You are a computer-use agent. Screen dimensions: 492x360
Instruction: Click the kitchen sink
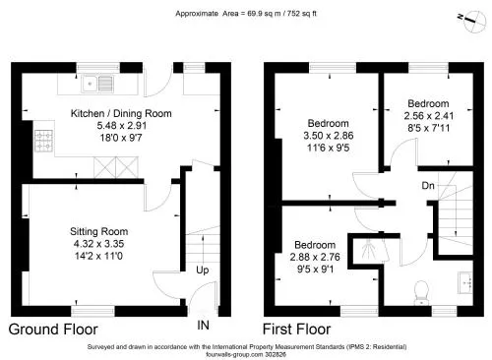(97, 84)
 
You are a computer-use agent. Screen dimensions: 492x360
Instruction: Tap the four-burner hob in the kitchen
(44, 141)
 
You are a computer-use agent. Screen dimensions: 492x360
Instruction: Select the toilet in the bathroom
(421, 292)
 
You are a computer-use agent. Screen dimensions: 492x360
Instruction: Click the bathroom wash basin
(465, 282)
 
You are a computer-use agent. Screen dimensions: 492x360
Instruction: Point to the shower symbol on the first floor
(371, 250)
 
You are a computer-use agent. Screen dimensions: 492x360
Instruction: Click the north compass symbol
(473, 22)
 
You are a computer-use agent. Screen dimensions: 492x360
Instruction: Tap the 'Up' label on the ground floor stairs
(203, 270)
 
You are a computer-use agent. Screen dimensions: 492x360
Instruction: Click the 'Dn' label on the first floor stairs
(428, 186)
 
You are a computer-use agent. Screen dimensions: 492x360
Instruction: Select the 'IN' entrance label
(203, 325)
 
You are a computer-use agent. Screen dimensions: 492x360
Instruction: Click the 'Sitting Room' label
(99, 231)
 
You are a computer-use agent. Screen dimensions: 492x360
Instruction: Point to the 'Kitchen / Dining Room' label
(121, 113)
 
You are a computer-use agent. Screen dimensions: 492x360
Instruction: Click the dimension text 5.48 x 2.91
(122, 125)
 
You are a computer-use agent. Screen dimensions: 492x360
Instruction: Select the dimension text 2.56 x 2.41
(429, 116)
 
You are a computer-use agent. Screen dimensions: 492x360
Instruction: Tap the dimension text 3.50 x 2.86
(329, 136)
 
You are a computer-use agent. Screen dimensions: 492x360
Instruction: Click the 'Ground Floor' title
(53, 330)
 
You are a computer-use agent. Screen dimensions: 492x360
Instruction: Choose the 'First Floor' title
(297, 330)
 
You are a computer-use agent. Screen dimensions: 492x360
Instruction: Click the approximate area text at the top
(246, 14)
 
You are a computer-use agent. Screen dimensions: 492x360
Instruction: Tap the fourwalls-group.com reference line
(246, 354)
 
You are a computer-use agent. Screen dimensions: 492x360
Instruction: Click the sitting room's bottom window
(92, 311)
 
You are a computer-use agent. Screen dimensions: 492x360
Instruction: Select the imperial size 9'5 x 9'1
(315, 270)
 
